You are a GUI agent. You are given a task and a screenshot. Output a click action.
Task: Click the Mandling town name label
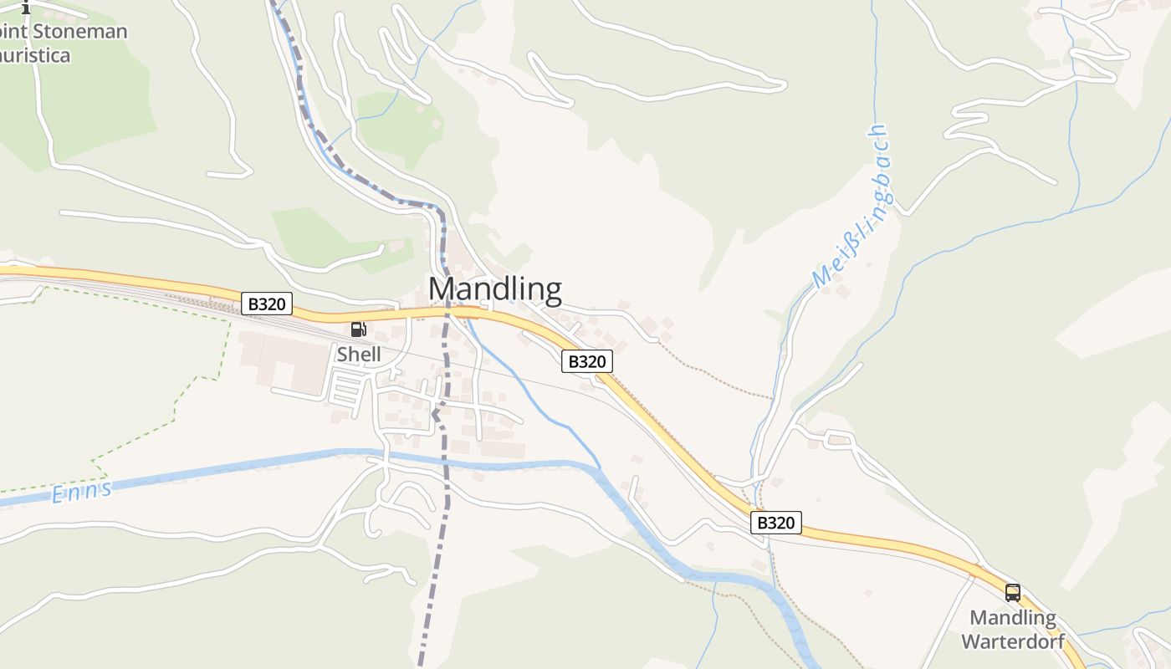[x=494, y=289]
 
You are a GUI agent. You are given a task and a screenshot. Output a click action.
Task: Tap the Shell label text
[x=359, y=355]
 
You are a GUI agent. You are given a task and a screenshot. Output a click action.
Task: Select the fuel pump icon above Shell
[x=358, y=329]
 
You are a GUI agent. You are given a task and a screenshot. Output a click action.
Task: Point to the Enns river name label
[x=81, y=492]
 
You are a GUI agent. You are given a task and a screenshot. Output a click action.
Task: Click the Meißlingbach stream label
[x=851, y=207]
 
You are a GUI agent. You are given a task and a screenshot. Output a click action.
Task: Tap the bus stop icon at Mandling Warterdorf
[x=1013, y=593]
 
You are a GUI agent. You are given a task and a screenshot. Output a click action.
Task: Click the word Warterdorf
[x=1012, y=641]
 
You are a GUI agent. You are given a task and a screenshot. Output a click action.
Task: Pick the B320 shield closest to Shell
[x=267, y=304]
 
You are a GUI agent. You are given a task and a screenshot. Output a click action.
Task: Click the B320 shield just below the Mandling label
[x=586, y=361]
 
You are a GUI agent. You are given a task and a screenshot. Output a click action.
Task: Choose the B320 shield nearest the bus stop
[x=775, y=523]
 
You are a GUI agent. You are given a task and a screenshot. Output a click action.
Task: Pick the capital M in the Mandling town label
[x=442, y=289]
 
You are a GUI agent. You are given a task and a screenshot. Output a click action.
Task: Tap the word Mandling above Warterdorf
[x=1012, y=618]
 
